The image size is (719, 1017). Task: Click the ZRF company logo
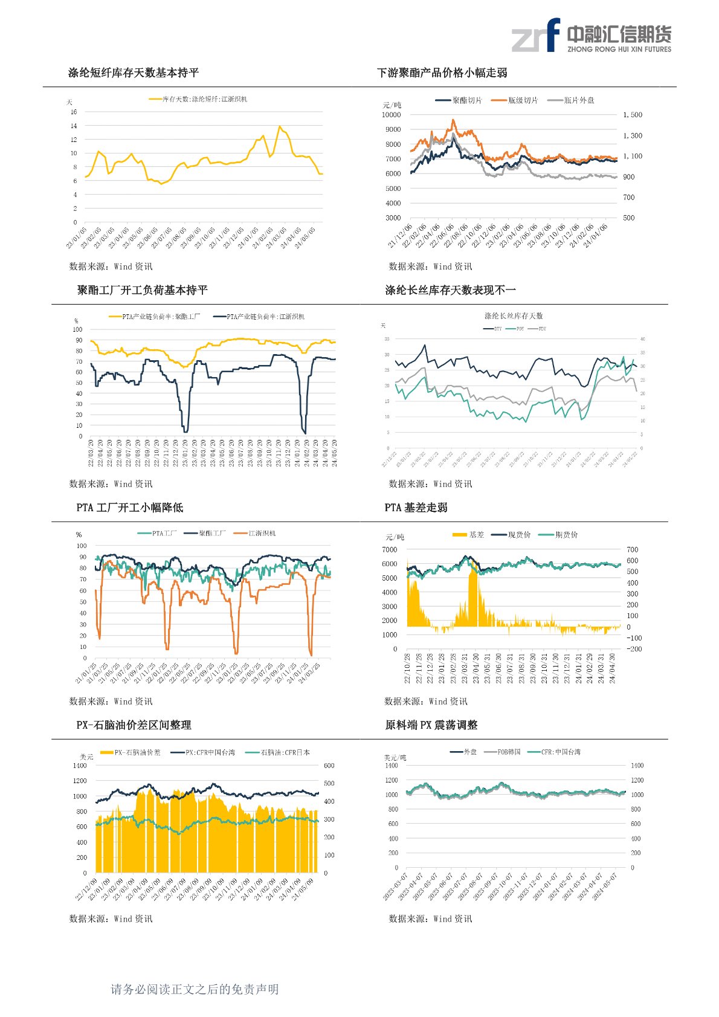[591, 36]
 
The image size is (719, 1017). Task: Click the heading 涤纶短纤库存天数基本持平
[133, 73]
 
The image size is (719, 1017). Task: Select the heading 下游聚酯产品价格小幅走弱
[442, 73]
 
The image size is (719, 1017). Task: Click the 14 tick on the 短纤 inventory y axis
[74, 126]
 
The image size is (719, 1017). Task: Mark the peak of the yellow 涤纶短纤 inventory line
[279, 126]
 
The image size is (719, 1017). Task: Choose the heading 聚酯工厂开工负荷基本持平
[142, 290]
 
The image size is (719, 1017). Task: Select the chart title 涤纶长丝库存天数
[514, 315]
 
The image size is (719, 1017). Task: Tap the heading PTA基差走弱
[416, 508]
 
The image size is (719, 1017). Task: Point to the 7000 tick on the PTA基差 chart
[390, 549]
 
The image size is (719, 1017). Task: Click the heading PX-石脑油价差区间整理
[134, 725]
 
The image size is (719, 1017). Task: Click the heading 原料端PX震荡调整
[431, 725]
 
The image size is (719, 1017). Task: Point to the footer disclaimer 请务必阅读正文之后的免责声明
[195, 989]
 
